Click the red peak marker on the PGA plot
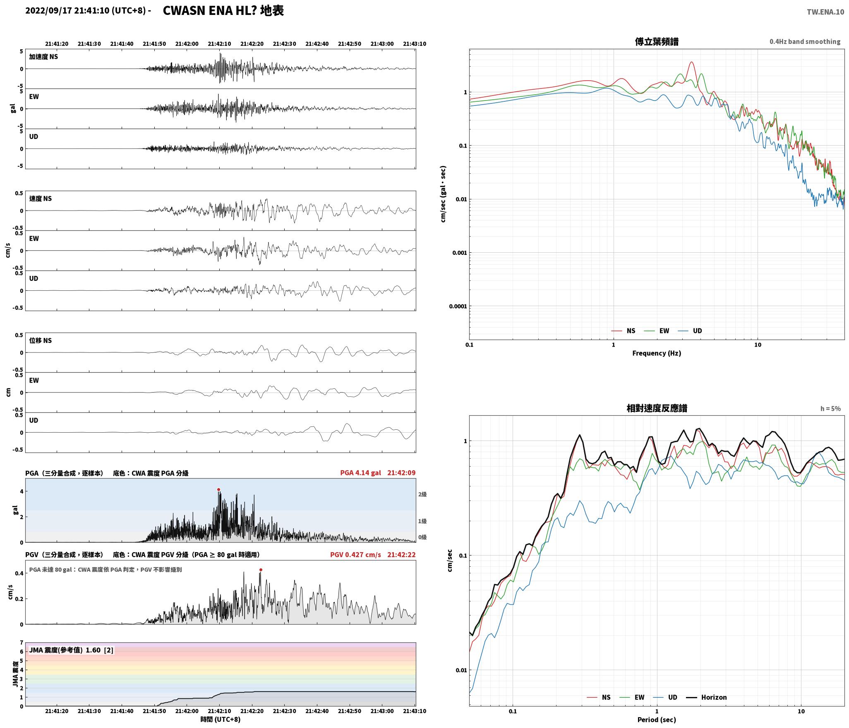point(218,490)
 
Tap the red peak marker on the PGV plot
point(261,570)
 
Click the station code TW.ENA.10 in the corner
point(825,12)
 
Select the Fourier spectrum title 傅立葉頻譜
point(657,42)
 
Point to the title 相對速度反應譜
point(657,408)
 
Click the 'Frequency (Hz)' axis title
point(657,353)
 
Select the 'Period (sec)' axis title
point(657,720)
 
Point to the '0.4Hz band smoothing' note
point(805,42)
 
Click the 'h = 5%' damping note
point(830,409)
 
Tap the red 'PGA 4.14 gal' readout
point(360,473)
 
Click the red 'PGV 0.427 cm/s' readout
point(355,555)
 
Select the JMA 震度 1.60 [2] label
point(71,650)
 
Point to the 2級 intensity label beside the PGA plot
point(422,494)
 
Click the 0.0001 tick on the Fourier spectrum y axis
point(458,307)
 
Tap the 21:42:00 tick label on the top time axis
point(187,44)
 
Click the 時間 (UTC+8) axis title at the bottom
point(220,719)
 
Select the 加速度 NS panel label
point(43,57)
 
